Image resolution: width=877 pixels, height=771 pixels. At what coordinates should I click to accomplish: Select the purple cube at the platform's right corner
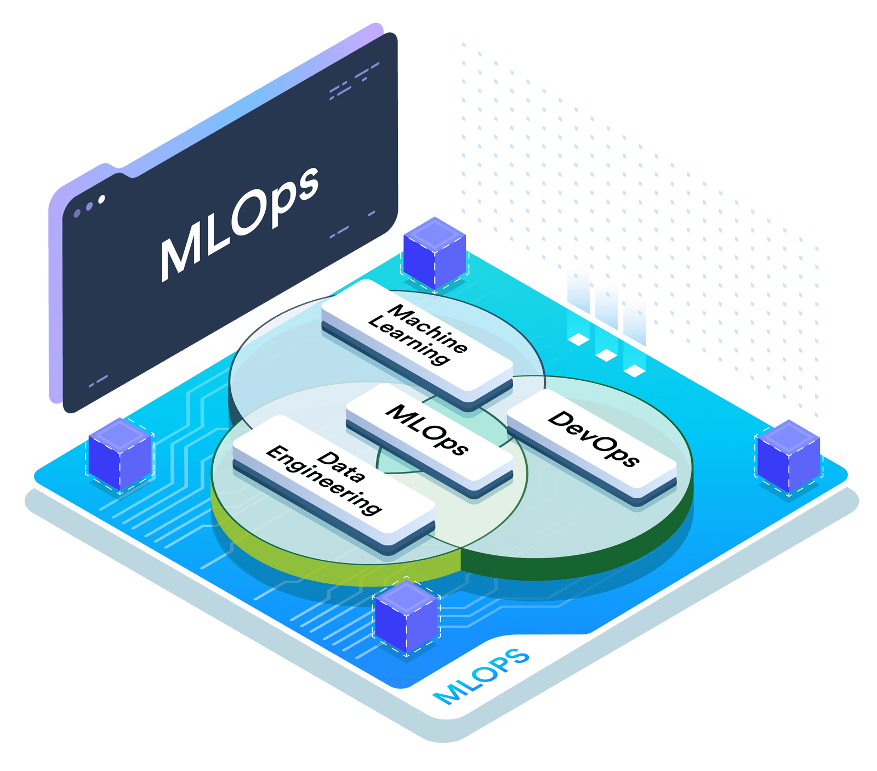tap(788, 455)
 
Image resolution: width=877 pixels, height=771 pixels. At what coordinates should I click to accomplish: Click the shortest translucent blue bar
tap(635, 329)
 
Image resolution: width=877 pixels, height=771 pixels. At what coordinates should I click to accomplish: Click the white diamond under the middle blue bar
tap(606, 355)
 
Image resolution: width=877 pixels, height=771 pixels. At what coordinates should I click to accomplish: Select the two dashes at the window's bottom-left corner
tap(98, 381)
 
